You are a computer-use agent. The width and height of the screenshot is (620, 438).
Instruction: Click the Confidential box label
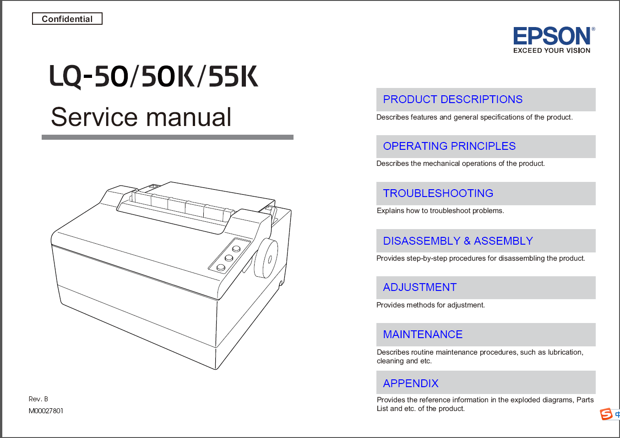coord(67,19)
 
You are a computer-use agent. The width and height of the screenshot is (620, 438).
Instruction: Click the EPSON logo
coord(553,36)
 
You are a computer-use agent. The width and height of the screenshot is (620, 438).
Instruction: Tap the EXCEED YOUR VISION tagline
coord(552,50)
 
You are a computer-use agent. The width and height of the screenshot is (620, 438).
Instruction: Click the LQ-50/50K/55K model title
coord(154,76)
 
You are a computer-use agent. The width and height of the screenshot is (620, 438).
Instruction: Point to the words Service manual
coord(141,117)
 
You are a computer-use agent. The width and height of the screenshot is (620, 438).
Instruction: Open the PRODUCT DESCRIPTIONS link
coord(452,99)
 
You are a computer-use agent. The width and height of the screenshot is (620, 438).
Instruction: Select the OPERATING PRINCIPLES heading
coord(449,146)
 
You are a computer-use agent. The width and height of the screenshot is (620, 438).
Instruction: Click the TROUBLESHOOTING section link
coord(438,193)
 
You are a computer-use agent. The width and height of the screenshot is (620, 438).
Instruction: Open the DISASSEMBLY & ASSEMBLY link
coord(458,241)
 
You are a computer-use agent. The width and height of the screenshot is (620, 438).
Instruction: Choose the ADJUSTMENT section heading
coord(419,287)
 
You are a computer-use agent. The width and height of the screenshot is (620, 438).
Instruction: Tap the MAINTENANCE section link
coord(423,334)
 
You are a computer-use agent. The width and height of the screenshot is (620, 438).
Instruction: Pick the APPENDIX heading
coord(411,383)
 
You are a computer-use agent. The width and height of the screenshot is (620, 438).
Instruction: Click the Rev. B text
coord(38,399)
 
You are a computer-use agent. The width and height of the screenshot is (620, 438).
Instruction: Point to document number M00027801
coord(46,411)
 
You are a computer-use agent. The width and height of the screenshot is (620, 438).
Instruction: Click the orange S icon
coord(606,414)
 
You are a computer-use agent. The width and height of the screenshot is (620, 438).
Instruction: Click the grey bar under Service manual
coord(168,137)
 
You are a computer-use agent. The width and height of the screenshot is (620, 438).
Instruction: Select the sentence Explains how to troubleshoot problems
coord(440,211)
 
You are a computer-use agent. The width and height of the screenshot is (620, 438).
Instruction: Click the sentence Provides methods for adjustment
coord(430,305)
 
